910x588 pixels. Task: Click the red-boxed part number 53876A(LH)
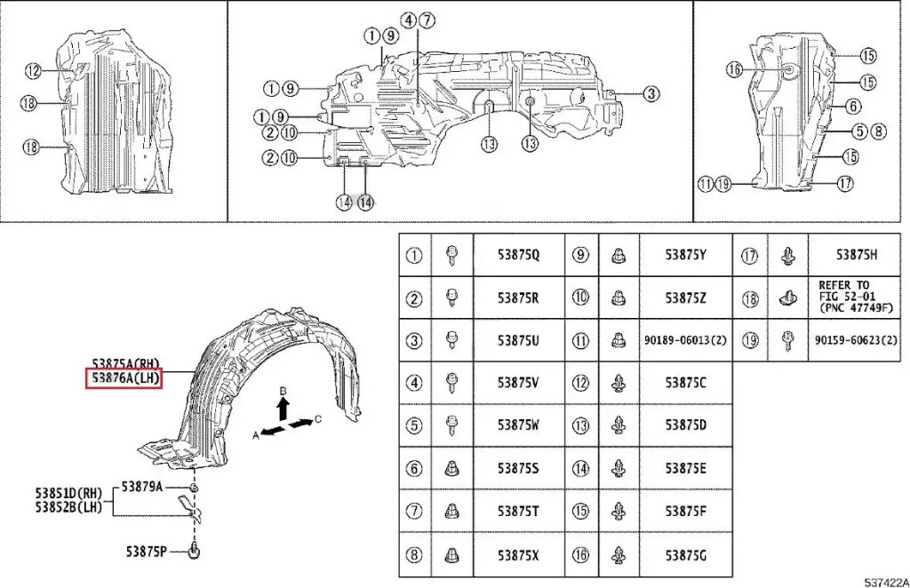[123, 378]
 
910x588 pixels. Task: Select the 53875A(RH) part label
[124, 363]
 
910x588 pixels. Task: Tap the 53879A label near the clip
[142, 486]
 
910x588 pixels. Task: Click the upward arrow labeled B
[282, 408]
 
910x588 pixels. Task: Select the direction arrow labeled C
[304, 422]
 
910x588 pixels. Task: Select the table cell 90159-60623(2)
[853, 340]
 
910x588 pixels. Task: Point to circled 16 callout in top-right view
[733, 69]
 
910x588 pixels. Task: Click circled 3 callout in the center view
[651, 93]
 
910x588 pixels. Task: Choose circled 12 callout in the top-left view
[33, 71]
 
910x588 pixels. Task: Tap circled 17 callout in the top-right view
[844, 184]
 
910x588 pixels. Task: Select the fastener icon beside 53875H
[786, 255]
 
